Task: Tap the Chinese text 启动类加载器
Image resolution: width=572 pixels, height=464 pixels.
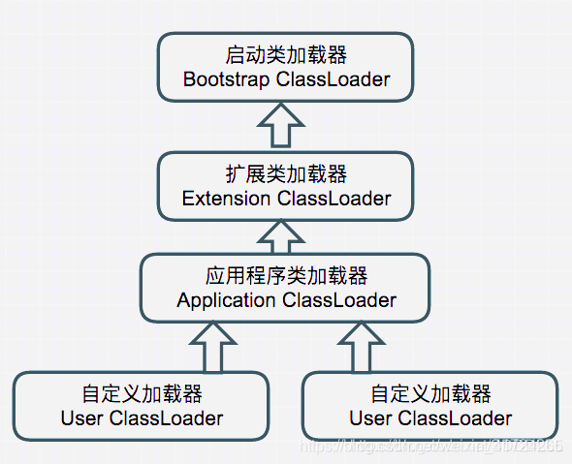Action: coord(286,55)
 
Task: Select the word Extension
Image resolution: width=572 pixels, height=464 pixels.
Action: coord(226,199)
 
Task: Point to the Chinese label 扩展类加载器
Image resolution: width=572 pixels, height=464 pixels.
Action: coord(286,174)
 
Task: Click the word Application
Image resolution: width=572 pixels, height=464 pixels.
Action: coord(226,300)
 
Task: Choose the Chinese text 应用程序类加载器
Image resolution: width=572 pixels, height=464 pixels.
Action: coord(286,276)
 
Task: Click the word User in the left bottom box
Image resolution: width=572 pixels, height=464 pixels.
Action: coord(81,418)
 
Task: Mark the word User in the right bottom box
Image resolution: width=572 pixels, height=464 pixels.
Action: coord(370,418)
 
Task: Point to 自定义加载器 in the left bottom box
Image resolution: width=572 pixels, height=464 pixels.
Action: coord(142,394)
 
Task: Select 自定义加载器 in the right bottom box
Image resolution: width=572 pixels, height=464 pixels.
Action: coord(430,394)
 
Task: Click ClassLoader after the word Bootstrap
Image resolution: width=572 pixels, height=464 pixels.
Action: coord(333,79)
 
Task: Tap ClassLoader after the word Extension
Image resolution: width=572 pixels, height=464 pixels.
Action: coord(334,199)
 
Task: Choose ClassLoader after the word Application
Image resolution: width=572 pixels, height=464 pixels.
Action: coord(339,300)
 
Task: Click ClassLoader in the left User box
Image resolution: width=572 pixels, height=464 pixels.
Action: coord(166,418)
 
